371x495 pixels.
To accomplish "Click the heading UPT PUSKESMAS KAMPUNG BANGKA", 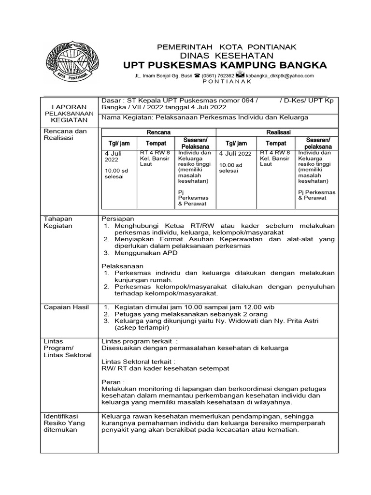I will (225, 65).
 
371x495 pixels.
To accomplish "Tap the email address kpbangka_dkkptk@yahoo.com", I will (280, 76).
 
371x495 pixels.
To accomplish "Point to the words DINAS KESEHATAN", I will (228, 56).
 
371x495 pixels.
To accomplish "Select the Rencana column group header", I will (158, 132).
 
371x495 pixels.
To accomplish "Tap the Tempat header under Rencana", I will (156, 144).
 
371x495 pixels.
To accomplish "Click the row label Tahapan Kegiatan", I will (58, 222).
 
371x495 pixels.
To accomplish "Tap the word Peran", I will (110, 381).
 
